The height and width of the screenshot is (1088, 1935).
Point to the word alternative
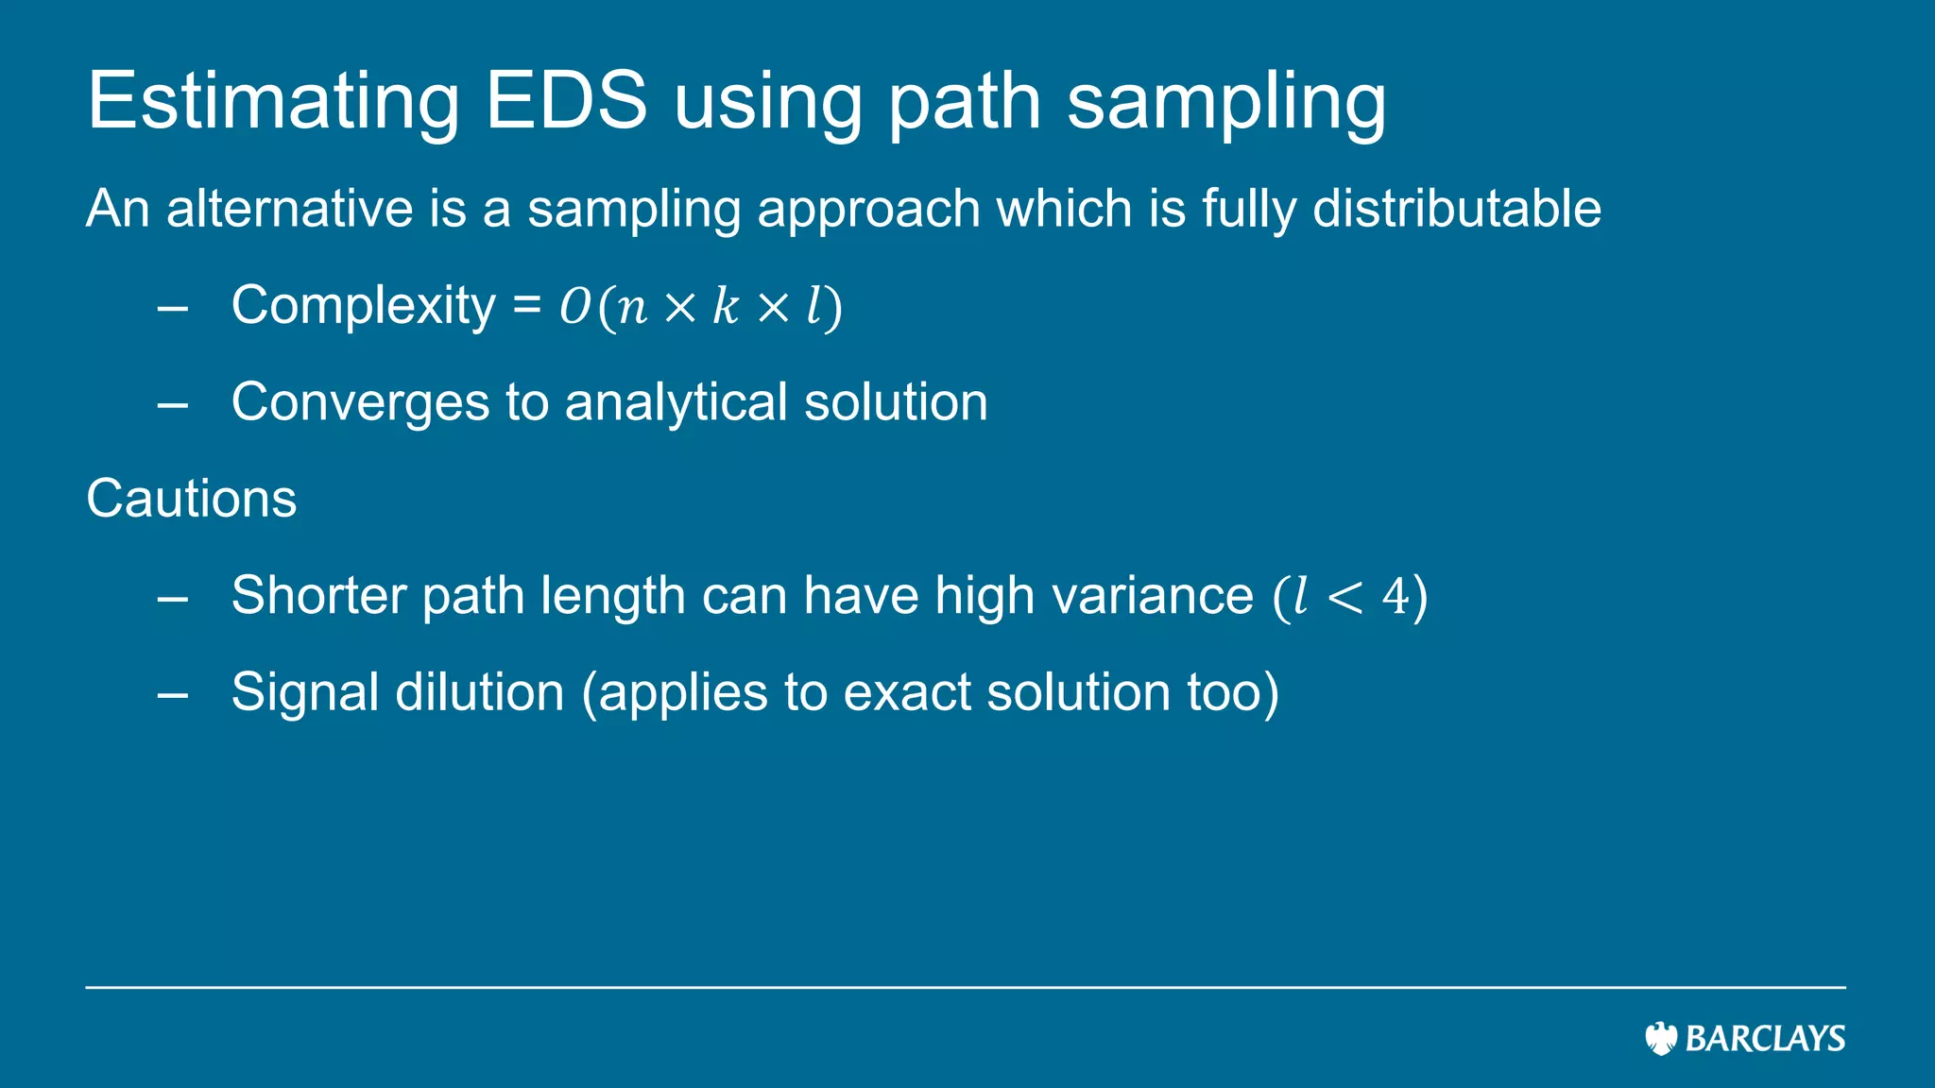click(x=289, y=209)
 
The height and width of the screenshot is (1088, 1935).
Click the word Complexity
click(x=363, y=306)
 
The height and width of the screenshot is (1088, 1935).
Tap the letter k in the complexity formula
click(x=725, y=306)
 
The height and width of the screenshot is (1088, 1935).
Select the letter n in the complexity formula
click(x=632, y=308)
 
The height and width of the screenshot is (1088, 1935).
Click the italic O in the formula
click(x=574, y=307)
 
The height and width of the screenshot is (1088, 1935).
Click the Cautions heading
click(x=191, y=499)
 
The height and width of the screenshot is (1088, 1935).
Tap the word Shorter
click(x=325, y=596)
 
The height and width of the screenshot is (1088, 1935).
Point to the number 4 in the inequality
click(x=1395, y=597)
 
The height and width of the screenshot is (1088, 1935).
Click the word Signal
click(x=305, y=692)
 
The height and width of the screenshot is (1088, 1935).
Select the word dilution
click(x=480, y=692)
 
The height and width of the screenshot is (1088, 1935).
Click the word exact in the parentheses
click(x=906, y=692)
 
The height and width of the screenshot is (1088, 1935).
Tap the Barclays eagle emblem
click(x=1660, y=1038)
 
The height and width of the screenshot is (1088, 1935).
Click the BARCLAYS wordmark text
click(x=1765, y=1039)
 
